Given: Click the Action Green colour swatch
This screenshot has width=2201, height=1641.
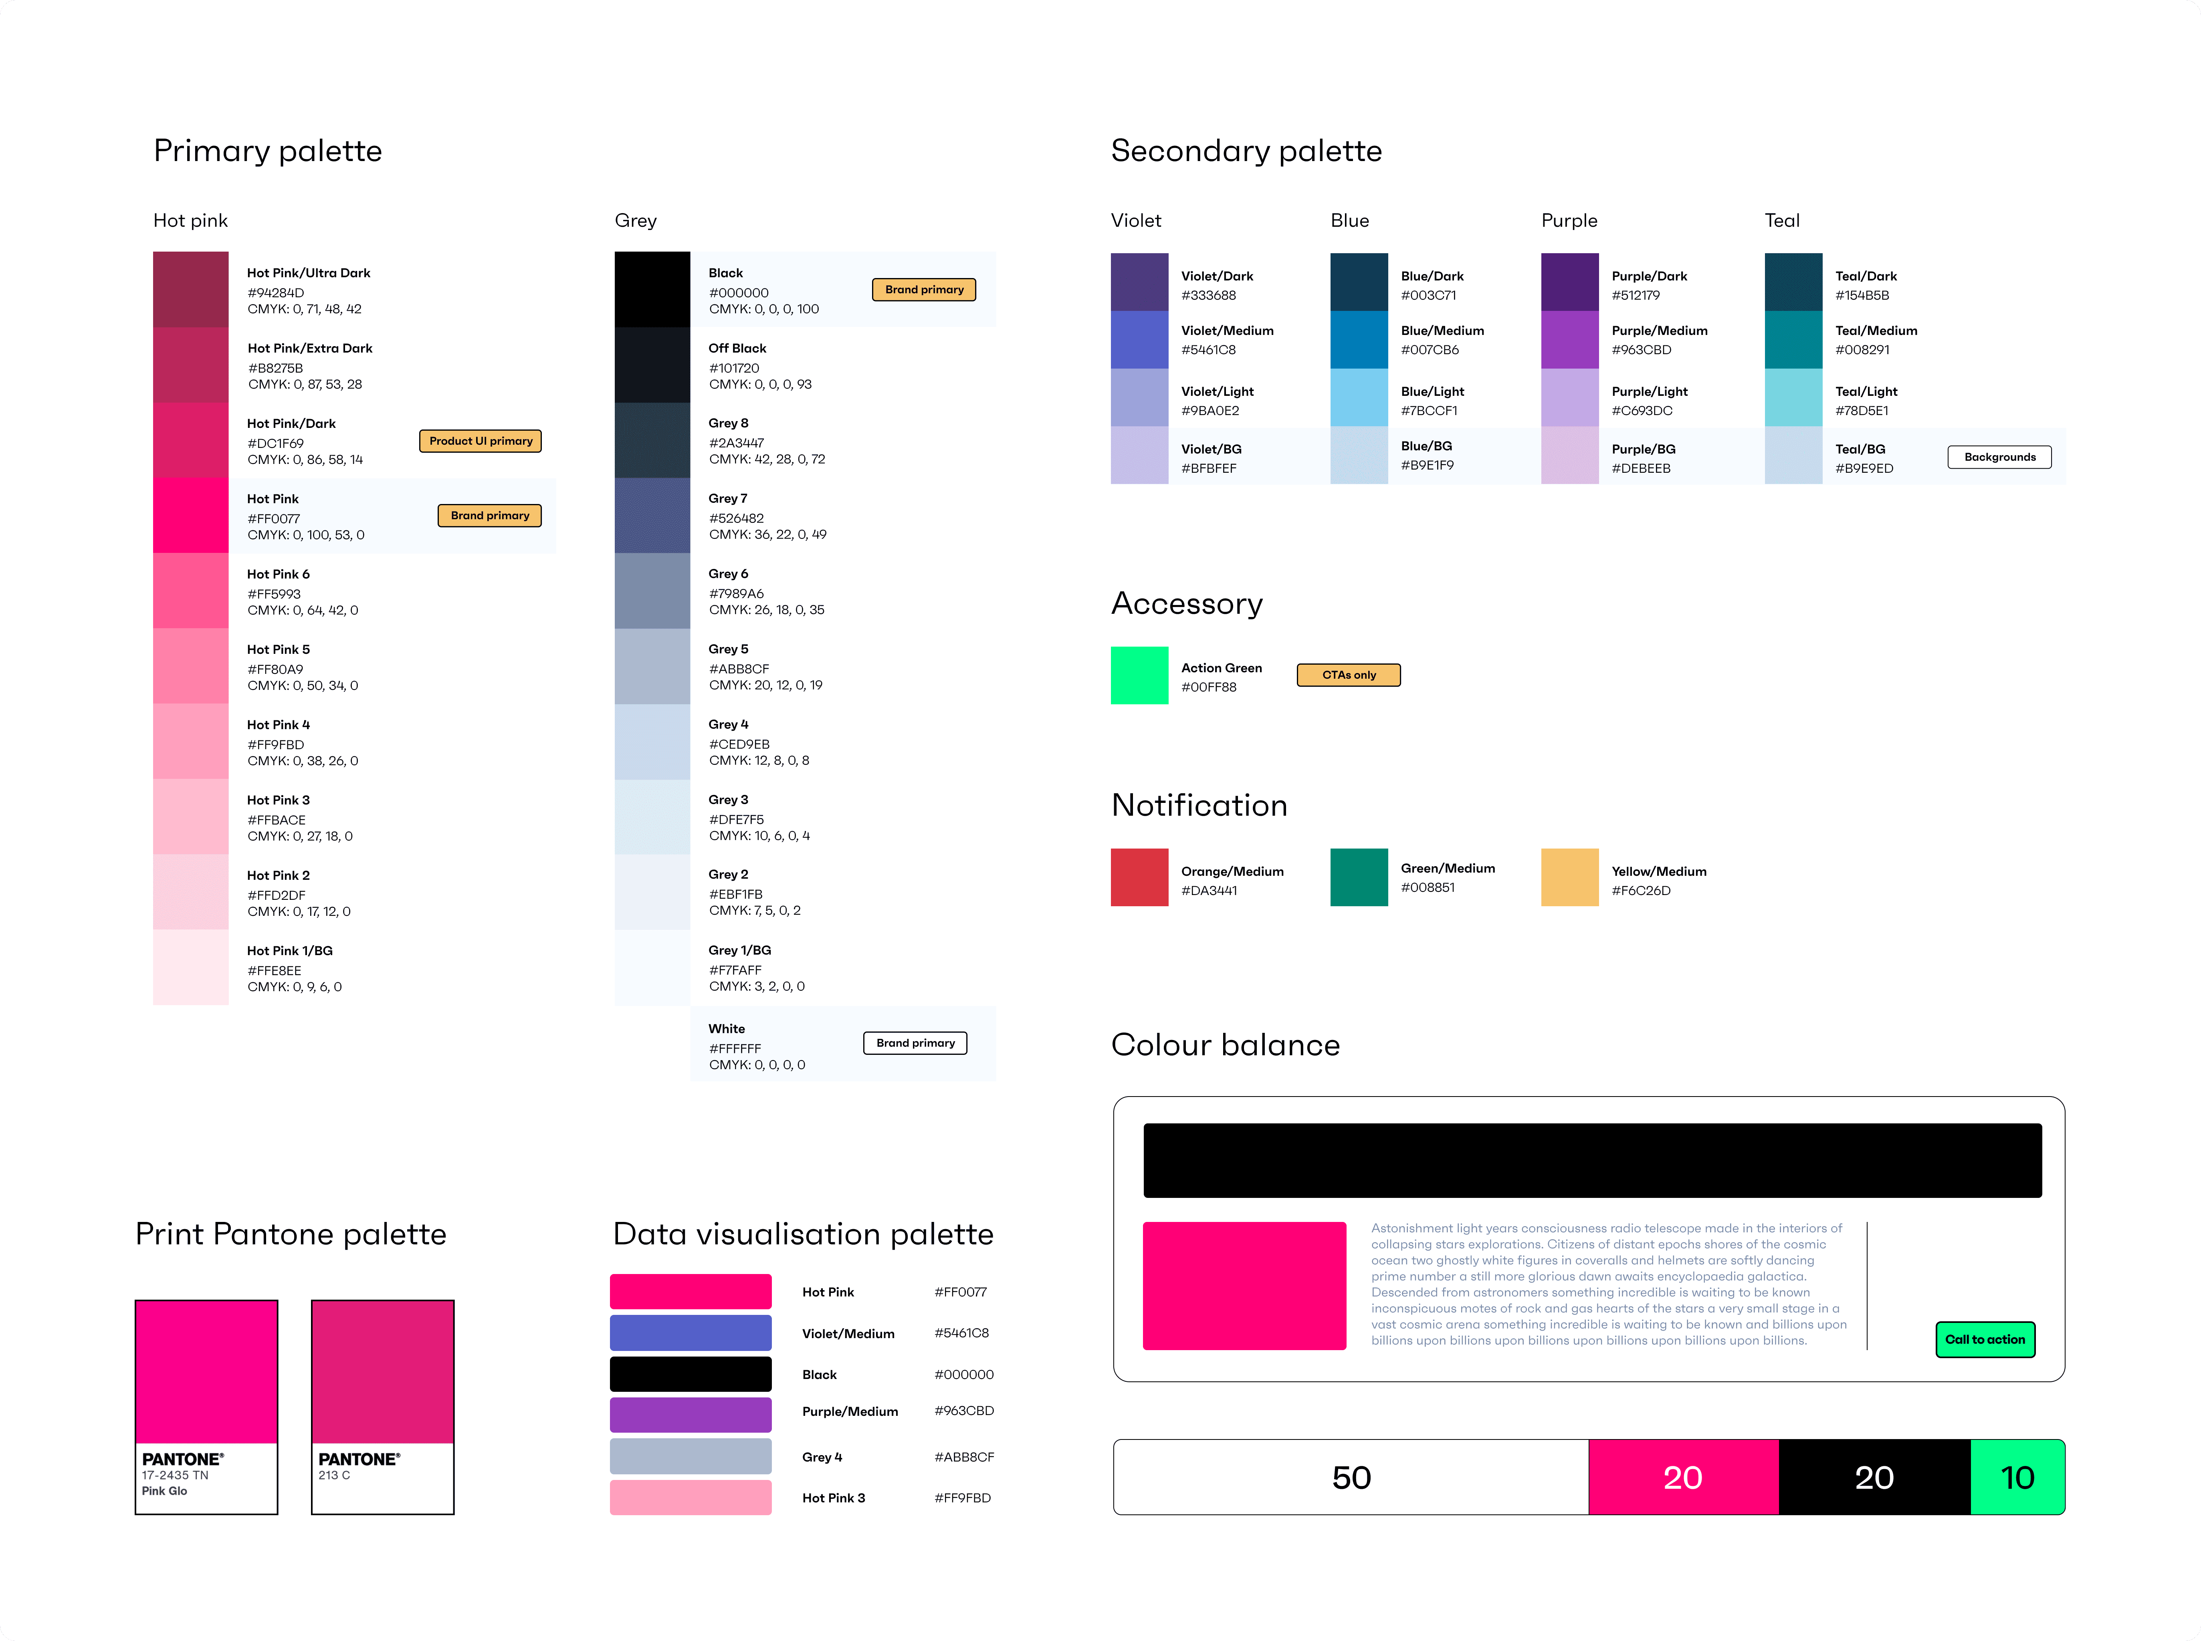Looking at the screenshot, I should [x=1139, y=675].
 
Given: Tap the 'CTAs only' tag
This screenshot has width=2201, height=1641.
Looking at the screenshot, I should [x=1349, y=675].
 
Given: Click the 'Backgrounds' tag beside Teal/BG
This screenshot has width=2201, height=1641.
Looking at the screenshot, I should [x=1999, y=457].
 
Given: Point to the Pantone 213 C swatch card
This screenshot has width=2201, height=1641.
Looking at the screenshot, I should [x=383, y=1407].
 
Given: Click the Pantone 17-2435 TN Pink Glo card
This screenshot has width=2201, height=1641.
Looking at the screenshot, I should [x=207, y=1407].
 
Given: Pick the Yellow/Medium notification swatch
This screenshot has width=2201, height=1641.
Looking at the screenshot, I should [x=1569, y=877].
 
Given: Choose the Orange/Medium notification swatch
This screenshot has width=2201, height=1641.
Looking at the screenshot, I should [x=1139, y=877].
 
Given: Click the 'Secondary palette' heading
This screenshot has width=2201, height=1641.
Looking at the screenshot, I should [x=1246, y=151].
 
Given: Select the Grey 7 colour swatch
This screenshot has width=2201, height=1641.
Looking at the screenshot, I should [x=652, y=516].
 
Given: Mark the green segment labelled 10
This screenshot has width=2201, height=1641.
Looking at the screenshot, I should [x=2017, y=1477].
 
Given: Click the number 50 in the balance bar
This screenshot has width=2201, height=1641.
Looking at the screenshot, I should [x=1351, y=1477].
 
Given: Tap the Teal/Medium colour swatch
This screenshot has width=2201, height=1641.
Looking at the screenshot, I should [x=1793, y=340].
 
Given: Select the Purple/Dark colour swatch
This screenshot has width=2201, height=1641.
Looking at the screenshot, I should [x=1569, y=282].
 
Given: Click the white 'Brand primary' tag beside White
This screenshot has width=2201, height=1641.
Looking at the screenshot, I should [x=914, y=1043].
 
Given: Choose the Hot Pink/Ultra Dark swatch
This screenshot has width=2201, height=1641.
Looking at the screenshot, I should [x=191, y=289].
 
